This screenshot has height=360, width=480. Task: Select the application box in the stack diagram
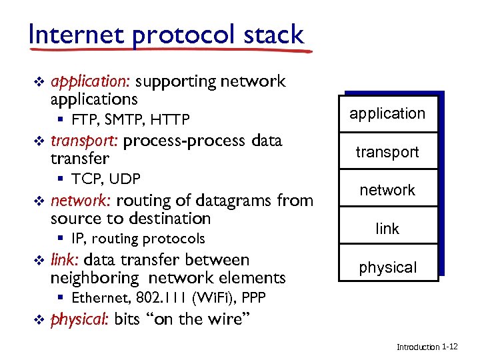(387, 113)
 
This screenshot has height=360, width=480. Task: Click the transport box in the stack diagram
(387, 152)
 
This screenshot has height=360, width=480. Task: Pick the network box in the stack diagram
(387, 190)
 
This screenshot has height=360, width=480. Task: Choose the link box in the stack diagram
(387, 229)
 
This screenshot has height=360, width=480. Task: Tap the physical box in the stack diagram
(387, 267)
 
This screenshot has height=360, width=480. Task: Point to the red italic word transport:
(84, 141)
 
